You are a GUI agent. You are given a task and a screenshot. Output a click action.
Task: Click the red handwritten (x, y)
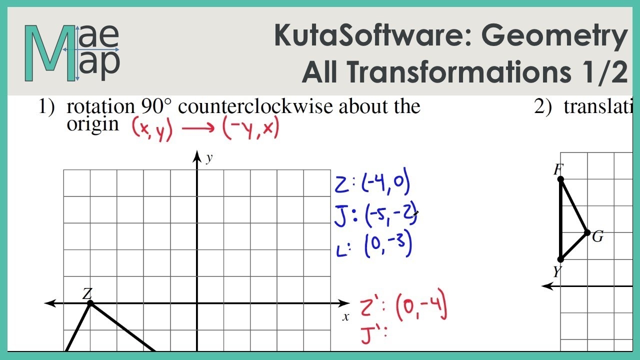pos(152,129)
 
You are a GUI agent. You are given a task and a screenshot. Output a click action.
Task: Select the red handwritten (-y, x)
pos(250,129)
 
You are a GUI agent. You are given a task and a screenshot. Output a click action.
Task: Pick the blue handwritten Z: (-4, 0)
pos(372,183)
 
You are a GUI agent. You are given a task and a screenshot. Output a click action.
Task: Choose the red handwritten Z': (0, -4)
pos(403,308)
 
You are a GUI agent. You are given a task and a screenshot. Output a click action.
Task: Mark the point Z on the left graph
pos(90,303)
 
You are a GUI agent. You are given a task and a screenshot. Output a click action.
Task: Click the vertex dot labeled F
pos(560,179)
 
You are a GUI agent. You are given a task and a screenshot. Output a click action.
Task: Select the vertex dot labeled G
pos(587,232)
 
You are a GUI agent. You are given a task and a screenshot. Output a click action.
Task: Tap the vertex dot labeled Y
pos(560,259)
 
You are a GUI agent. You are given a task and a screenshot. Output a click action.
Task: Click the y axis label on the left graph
pos(209,158)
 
